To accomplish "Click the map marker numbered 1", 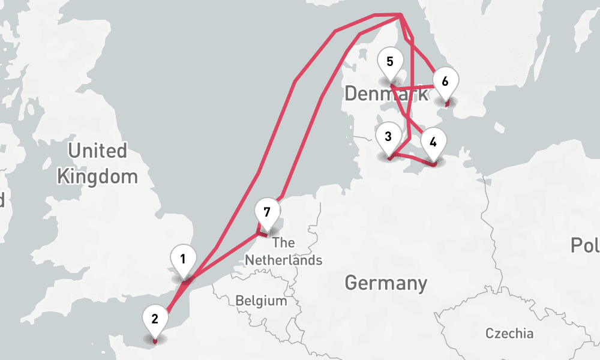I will coord(182,260).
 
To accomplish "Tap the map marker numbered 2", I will coord(155,319).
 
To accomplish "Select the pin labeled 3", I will coord(388,137).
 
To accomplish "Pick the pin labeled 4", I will coord(433,142).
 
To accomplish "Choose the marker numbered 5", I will coord(390,62).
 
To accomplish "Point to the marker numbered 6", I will coord(445,81).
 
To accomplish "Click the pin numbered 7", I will coord(267,212).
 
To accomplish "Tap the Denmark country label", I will coord(387,94).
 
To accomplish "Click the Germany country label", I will coord(386,283).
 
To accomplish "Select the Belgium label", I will coord(261,301).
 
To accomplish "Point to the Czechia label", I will coord(509,334).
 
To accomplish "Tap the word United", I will coord(97,151).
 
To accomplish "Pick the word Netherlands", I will coord(283,260).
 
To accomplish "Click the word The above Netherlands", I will coord(283,243).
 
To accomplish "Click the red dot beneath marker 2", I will coord(155,341).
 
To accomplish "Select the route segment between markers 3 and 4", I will coord(411,158).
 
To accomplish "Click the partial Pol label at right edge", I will coord(585,245).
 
